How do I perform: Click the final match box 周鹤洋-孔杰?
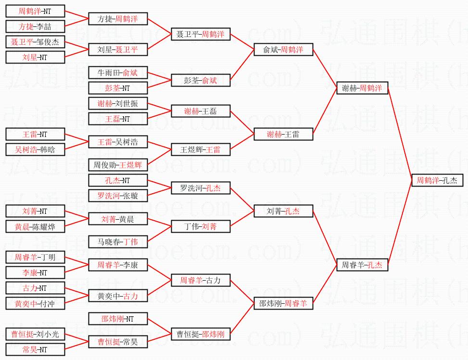coord(437,180)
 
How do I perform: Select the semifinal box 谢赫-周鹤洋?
coord(362,88)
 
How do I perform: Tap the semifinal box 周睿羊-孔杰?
coord(362,265)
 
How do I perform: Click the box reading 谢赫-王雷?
coord(283,134)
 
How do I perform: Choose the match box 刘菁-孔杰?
coord(283,211)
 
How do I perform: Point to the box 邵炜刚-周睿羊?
coord(283,303)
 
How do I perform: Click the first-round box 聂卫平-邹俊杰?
coord(35,42)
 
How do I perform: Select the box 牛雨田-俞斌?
coord(118,73)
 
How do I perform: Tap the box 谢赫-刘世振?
coord(118,103)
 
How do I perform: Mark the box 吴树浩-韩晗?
coord(35,149)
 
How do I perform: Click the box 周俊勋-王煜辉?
coord(118,165)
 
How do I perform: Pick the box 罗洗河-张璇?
coord(118,196)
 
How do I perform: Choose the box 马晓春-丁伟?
coord(118,242)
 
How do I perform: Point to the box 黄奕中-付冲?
coord(35,303)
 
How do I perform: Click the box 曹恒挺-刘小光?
coord(35,334)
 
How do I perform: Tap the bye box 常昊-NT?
coord(35,349)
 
